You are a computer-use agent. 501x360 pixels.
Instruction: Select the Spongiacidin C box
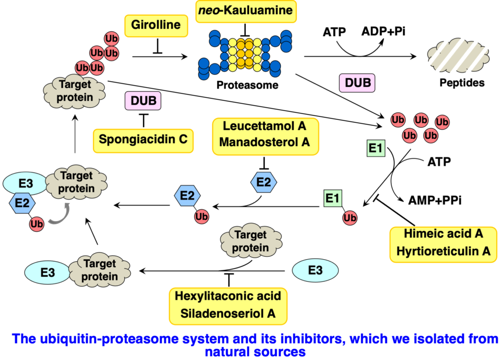[143, 139]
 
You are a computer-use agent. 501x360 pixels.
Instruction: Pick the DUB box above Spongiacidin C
[143, 101]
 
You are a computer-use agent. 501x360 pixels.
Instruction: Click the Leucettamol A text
[264, 127]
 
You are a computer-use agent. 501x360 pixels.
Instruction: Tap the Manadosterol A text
[264, 142]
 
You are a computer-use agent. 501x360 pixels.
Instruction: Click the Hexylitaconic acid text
[228, 295]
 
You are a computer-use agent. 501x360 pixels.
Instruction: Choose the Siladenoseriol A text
[228, 313]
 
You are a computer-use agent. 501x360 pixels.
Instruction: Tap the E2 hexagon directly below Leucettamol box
[264, 182]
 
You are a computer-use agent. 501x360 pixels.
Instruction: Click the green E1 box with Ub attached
[332, 199]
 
